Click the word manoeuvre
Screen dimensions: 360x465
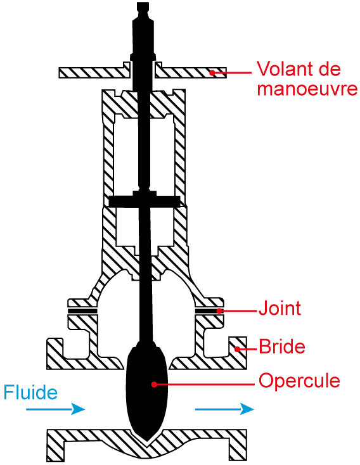tap(307, 89)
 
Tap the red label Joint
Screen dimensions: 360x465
tap(280, 308)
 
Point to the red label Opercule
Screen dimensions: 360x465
tap(299, 381)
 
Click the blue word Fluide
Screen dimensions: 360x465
tap(30, 392)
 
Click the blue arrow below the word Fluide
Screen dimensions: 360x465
tap(56, 409)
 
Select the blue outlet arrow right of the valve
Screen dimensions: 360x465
tap(224, 409)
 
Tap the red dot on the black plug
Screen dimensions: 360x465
tap(154, 385)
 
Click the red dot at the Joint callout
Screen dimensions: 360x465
tap(219, 311)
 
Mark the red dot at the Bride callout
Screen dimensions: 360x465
tap(237, 349)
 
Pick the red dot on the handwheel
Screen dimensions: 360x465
tap(212, 72)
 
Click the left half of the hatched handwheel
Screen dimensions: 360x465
tap(94, 72)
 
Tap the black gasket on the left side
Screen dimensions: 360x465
tap(82, 311)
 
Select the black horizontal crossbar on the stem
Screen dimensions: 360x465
tap(145, 201)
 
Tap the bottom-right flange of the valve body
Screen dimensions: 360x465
tap(238, 445)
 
